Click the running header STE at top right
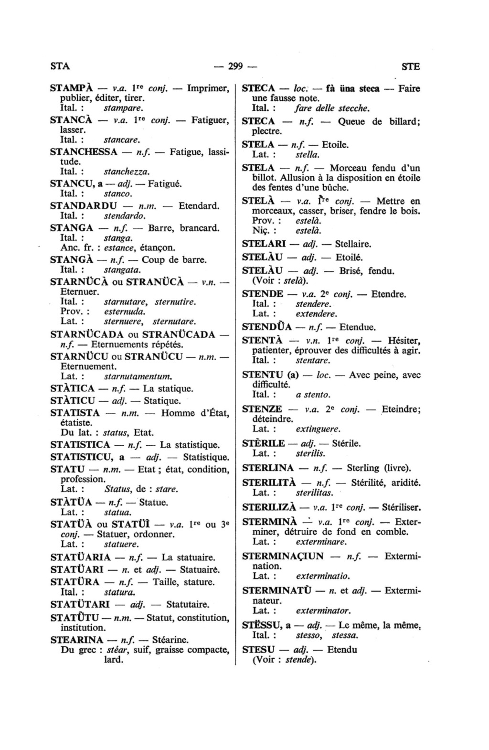[411, 67]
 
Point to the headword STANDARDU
[83, 206]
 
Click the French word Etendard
[199, 206]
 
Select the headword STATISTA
[75, 413]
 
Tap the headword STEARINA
[76, 639]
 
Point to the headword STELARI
[264, 244]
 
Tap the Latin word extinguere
[318, 429]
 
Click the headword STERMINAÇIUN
[283, 556]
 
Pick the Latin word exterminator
[323, 611]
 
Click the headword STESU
[258, 650]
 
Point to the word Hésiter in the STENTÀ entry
[404, 341]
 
